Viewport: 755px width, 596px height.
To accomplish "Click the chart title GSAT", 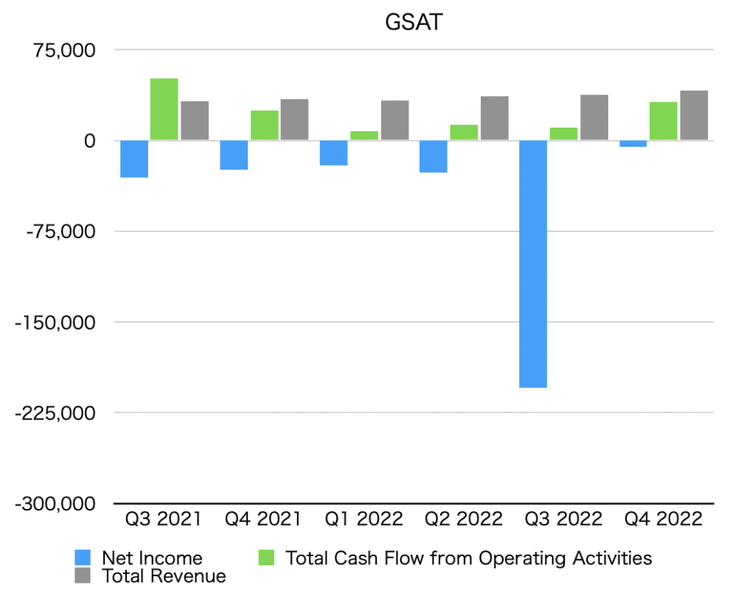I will [x=414, y=23].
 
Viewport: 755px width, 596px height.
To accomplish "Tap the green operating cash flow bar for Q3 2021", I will [x=164, y=109].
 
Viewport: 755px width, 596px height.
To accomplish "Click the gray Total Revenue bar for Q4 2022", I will [x=694, y=115].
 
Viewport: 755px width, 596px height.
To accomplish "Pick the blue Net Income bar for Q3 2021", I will [x=134, y=159].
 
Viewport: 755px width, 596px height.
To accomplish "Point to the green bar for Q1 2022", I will [x=364, y=136].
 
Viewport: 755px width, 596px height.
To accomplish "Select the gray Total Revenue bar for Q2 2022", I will [x=494, y=118].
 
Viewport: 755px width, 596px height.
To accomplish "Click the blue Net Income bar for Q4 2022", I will [x=633, y=144].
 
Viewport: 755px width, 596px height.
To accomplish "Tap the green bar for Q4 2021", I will [x=265, y=125].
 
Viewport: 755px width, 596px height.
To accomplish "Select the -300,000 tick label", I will [x=56, y=504].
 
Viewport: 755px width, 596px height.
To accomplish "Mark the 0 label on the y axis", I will [x=89, y=141].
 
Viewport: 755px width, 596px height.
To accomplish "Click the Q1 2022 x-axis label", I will [x=365, y=519].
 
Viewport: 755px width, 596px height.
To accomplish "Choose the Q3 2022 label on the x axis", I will [x=563, y=519].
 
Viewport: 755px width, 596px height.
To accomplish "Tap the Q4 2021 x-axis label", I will [x=265, y=519].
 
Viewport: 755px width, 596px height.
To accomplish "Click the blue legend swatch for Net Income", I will [x=83, y=558].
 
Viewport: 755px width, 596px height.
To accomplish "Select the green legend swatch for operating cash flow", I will [x=266, y=558].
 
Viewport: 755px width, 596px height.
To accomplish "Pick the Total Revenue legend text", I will [x=164, y=575].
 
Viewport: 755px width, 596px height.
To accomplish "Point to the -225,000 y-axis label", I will [x=56, y=413].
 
